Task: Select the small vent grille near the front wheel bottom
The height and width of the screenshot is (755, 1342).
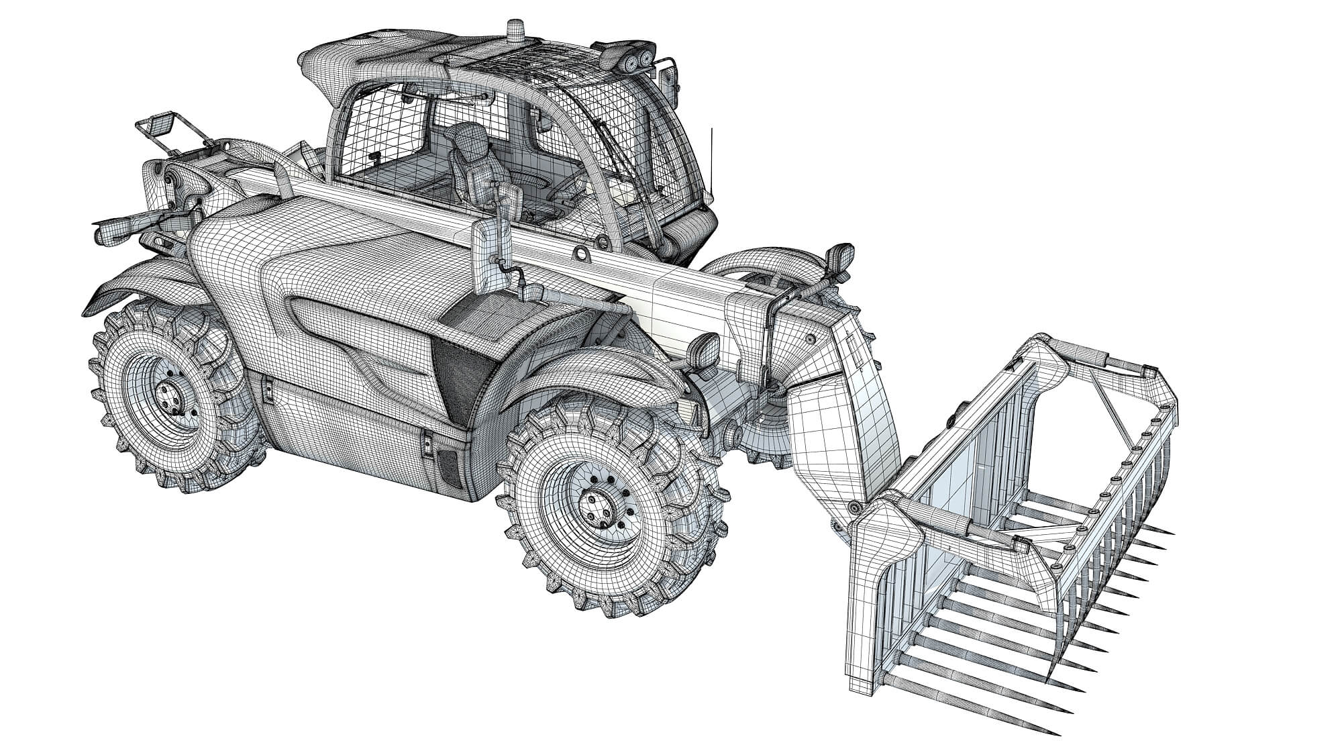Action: click(447, 463)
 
